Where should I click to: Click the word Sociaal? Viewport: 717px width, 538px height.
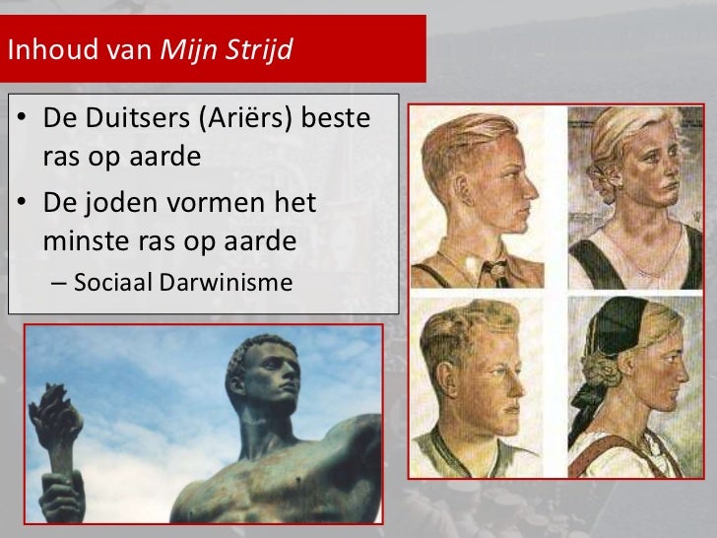(115, 283)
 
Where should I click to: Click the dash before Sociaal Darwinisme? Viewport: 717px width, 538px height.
(55, 284)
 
